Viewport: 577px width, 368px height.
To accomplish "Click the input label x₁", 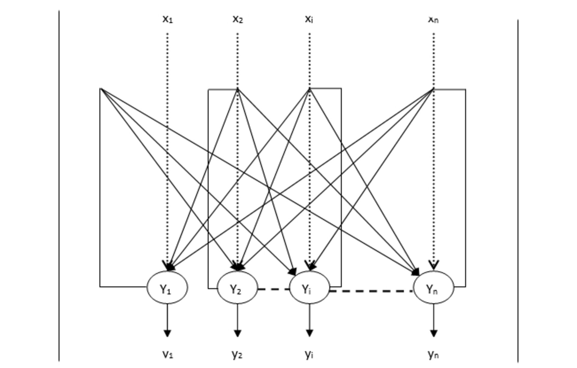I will pos(168,19).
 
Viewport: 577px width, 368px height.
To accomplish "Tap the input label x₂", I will pos(238,19).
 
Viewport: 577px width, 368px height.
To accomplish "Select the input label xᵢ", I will pos(309,19).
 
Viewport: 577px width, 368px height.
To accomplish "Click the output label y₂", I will pos(237,354).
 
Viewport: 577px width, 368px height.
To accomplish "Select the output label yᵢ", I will pos(309,354).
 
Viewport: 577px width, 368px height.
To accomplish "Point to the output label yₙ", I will pos(433,354).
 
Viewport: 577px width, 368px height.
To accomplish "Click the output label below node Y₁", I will pos(168,354).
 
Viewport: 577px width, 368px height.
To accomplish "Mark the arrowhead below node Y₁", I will pos(167,333).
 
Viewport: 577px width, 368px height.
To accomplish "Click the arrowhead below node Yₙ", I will pos(433,333).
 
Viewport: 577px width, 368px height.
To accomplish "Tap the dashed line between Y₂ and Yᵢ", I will pos(273,289).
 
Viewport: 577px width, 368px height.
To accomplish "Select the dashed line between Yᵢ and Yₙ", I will pos(371,291).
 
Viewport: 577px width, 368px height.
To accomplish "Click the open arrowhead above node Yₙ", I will pos(433,264).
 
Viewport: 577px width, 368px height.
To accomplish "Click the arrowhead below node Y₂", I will pos(237,333).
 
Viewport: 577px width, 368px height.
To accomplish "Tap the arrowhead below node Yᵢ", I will pos(310,333).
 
